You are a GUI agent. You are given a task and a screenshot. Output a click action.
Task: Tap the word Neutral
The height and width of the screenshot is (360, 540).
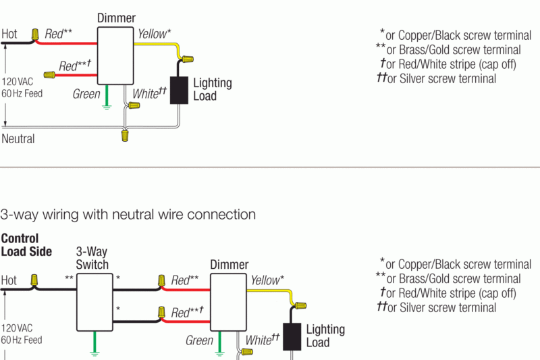pos(18,139)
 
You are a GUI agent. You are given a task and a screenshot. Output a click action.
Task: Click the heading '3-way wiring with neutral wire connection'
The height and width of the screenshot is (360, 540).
pos(128,215)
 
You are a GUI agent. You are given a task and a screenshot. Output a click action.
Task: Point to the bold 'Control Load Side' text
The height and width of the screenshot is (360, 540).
pos(26,245)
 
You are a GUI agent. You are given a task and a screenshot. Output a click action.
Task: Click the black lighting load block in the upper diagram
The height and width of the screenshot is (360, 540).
pos(178,90)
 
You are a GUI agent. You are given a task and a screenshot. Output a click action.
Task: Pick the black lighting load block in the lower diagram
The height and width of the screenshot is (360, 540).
pos(292,336)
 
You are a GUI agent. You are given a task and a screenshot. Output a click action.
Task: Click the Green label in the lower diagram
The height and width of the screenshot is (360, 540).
pos(199,340)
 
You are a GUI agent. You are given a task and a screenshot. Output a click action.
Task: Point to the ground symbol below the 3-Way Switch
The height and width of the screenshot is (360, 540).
pos(94,351)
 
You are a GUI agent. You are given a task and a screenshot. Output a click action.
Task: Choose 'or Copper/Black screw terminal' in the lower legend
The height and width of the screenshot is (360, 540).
pos(450,264)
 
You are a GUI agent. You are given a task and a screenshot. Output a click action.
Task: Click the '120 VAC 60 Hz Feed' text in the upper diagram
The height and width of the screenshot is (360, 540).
pos(22,87)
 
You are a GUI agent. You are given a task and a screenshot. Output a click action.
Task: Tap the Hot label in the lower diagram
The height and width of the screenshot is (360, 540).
pos(9,280)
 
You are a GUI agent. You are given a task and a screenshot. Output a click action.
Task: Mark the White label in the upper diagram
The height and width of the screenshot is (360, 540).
pos(149,93)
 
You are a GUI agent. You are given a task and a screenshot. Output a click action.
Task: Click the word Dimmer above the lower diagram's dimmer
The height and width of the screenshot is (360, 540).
pos(229,265)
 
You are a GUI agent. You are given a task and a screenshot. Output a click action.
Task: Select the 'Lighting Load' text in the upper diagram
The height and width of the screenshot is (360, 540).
pos(213,89)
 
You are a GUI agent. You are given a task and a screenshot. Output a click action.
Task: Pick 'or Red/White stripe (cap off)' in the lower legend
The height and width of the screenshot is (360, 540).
pos(449,294)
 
